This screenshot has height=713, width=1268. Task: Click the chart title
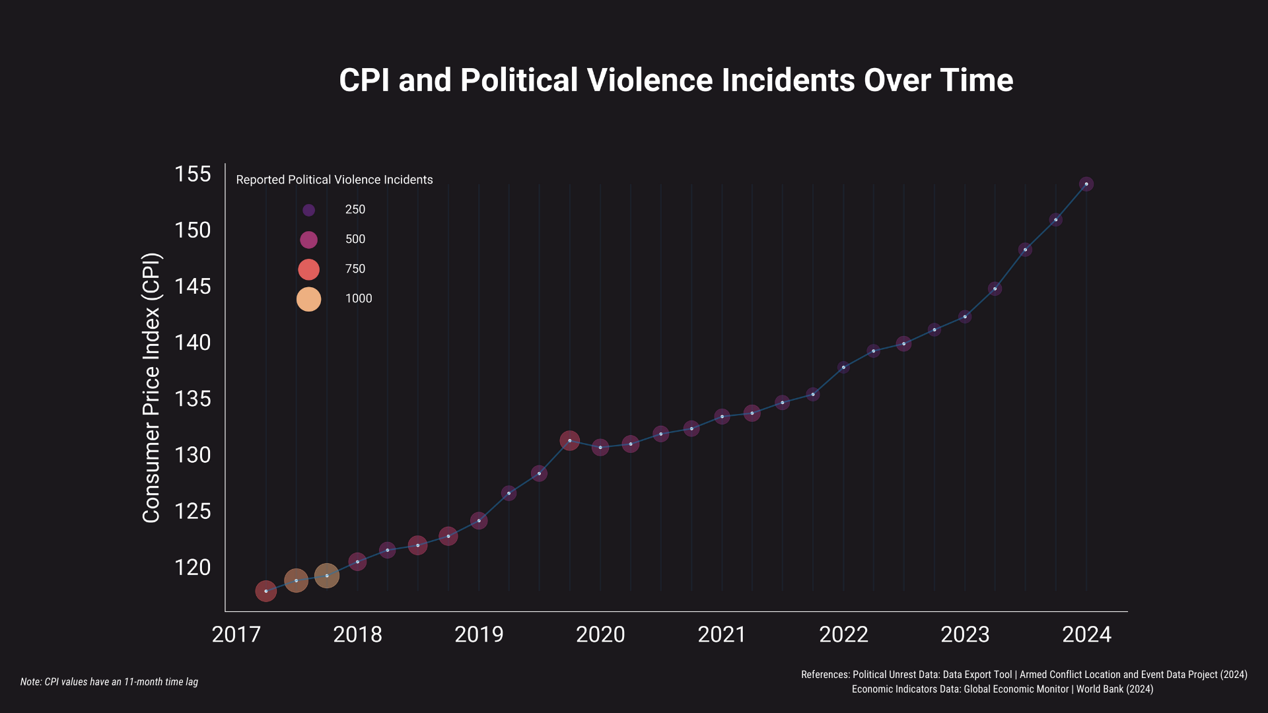[676, 81]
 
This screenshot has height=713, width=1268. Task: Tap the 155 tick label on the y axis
[192, 174]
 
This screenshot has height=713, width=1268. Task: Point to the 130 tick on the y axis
[192, 456]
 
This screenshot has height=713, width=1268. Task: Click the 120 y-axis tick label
[192, 568]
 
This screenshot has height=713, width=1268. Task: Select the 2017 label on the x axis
[236, 635]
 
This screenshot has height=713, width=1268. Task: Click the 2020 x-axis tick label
[600, 635]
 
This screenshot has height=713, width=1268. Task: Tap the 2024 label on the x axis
[1086, 635]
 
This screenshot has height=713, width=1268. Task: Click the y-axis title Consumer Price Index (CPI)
[151, 388]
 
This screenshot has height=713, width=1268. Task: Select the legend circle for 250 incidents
[308, 210]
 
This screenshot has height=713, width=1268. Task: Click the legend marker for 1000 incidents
[308, 299]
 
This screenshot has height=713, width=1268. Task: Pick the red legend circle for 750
[308, 269]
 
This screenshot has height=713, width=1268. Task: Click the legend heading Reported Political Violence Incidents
[334, 180]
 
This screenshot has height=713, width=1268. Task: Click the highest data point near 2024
[1086, 184]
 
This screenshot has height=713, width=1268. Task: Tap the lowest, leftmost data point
[265, 591]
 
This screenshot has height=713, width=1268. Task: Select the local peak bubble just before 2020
[569, 440]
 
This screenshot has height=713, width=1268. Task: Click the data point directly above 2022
[843, 367]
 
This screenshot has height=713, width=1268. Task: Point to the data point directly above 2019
[479, 521]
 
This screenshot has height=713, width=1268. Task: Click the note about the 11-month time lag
[109, 682]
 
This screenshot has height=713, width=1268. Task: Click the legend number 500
[355, 240]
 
